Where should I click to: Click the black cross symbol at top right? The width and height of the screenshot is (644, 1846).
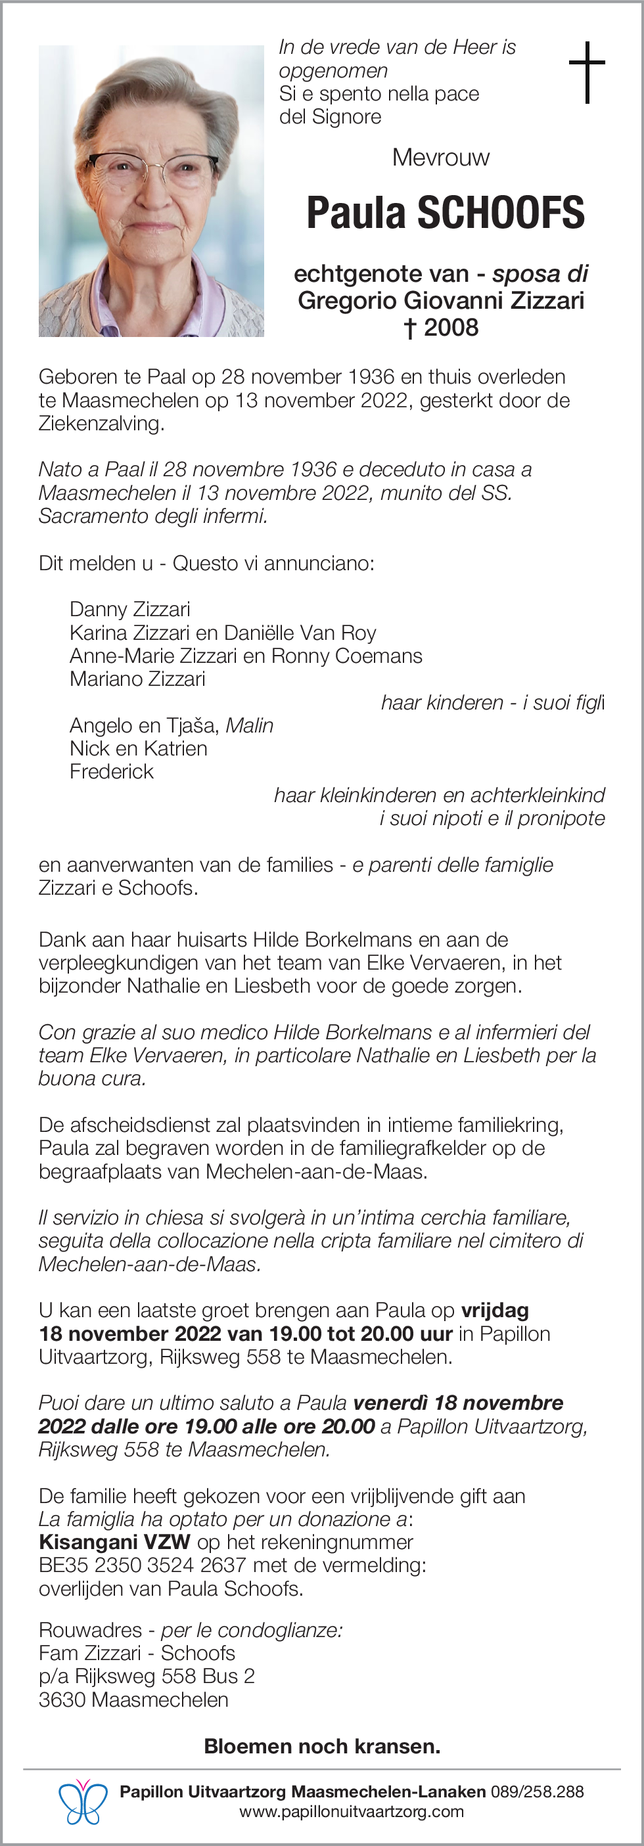(587, 72)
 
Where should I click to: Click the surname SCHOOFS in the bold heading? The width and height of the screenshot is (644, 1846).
(501, 213)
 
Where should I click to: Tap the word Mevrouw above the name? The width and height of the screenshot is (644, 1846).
(440, 158)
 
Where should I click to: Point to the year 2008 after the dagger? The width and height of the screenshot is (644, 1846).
(450, 328)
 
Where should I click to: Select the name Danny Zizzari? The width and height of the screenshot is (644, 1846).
(130, 609)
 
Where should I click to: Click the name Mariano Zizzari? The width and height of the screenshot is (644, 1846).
(137, 679)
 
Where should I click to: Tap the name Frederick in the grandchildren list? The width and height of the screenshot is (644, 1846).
(111, 772)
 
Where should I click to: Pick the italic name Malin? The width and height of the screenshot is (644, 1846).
(250, 725)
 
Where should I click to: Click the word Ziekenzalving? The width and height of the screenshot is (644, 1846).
(101, 424)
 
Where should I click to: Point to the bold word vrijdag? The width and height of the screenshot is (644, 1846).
(495, 1311)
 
